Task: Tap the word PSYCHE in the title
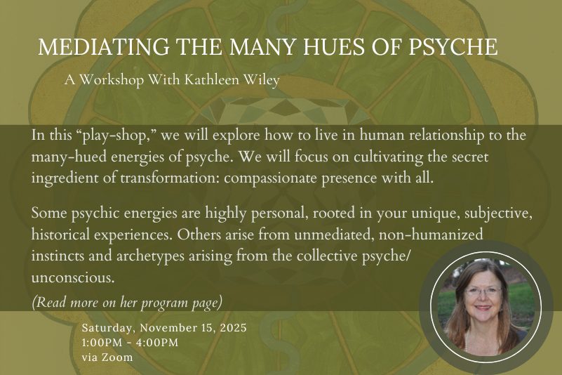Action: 453,46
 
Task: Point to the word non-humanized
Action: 431,235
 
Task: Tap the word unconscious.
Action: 73,278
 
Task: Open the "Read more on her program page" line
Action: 127,303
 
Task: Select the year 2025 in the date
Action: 234,328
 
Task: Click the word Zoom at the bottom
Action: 118,357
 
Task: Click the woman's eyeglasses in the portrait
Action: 483,291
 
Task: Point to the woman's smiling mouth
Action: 483,308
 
